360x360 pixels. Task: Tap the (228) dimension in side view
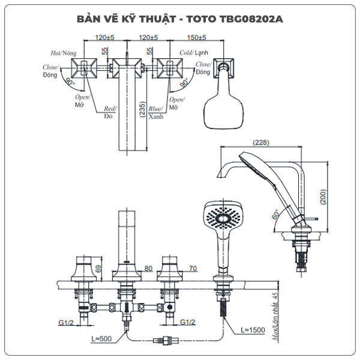click(260, 143)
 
